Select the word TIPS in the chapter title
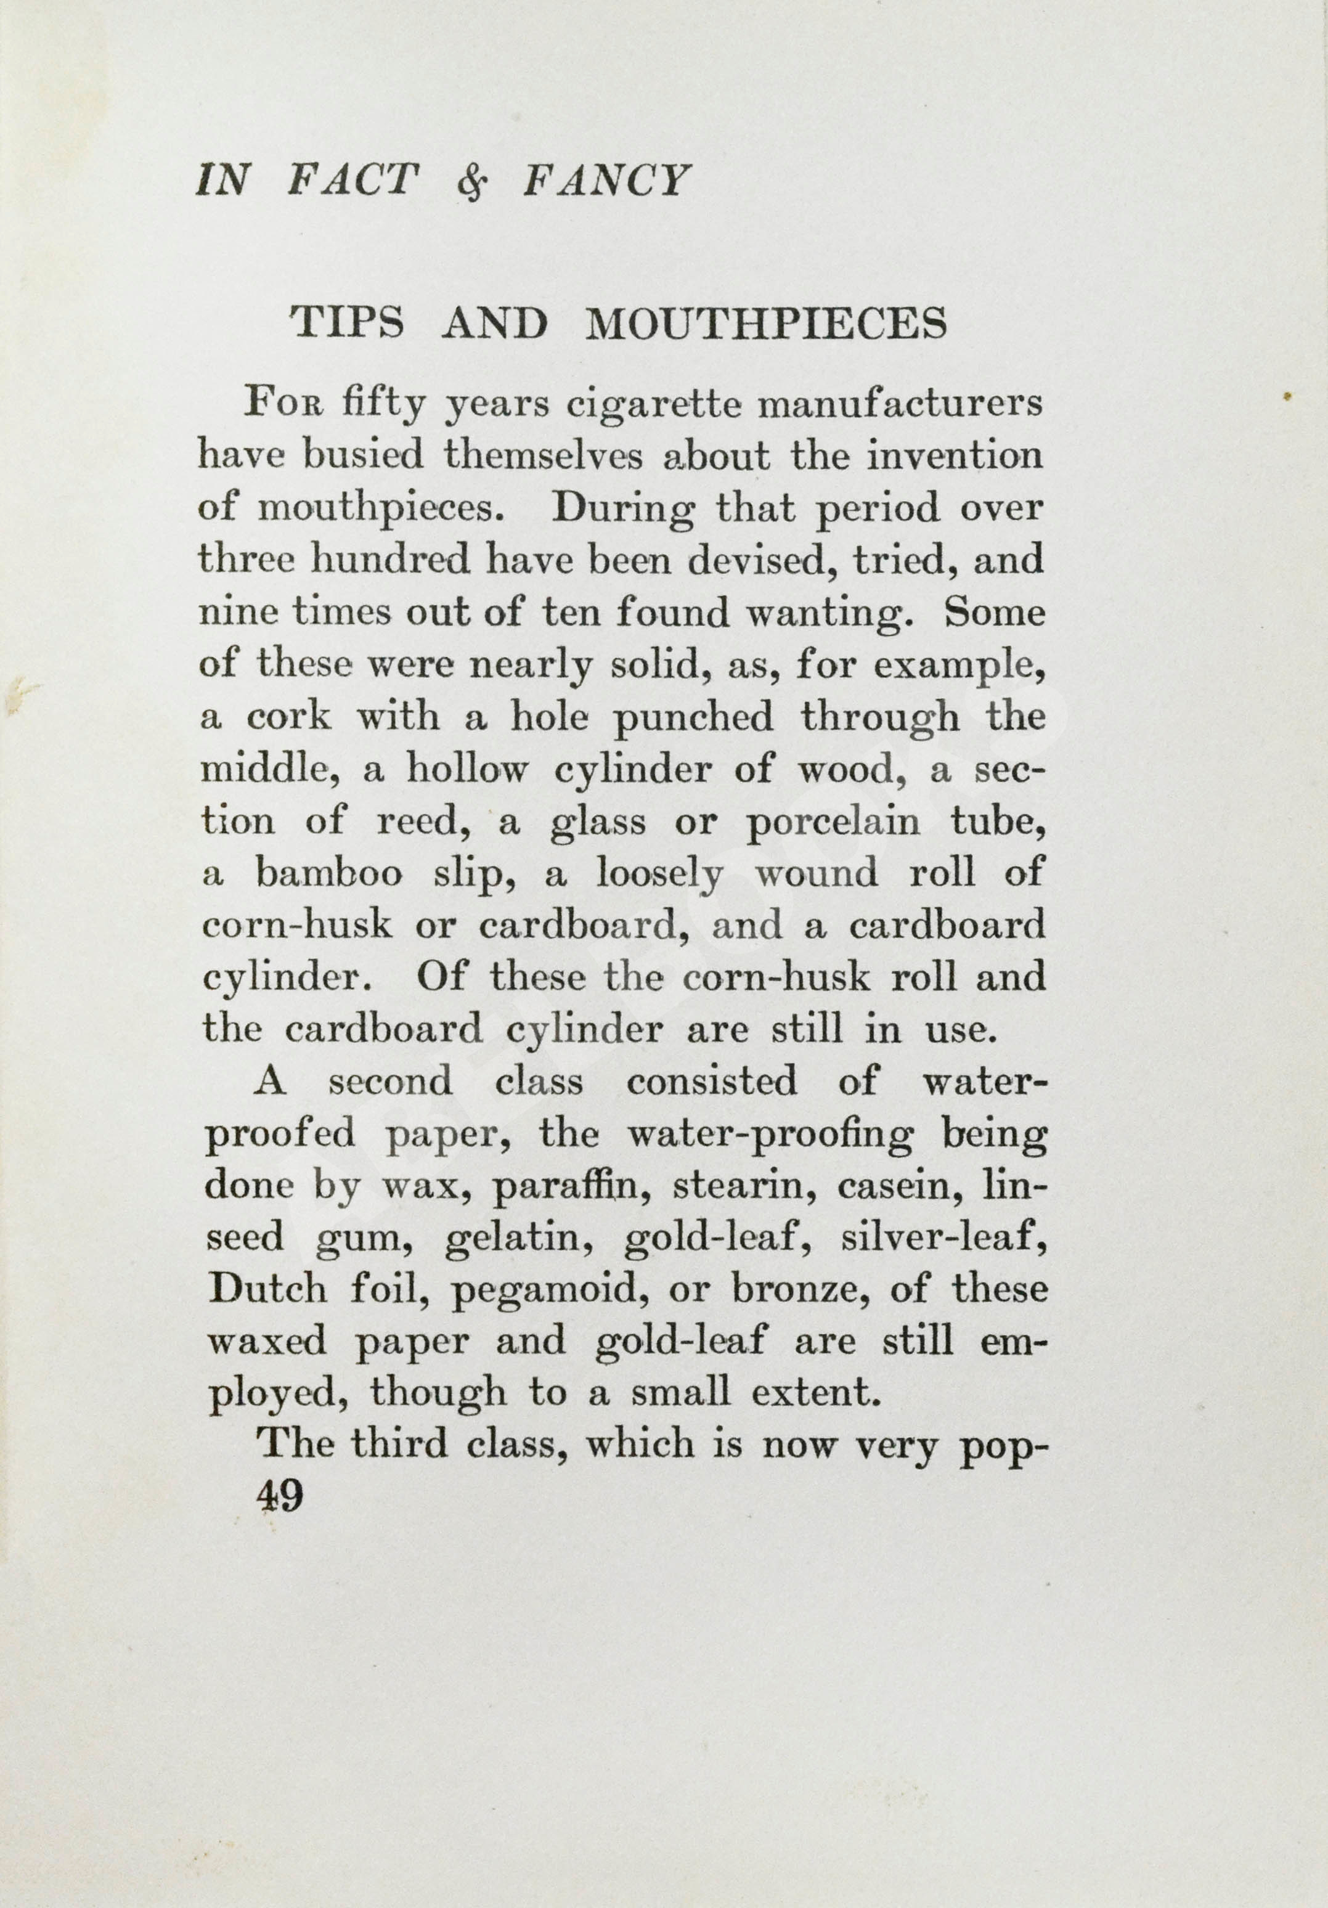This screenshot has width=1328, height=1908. tap(346, 324)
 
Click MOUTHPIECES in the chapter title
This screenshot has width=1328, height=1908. tap(765, 324)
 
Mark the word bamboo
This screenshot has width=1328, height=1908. tap(329, 873)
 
